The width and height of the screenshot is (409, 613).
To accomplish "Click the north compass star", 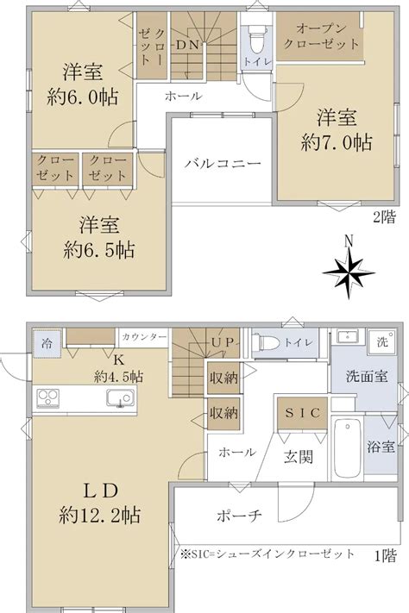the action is pos(349,273).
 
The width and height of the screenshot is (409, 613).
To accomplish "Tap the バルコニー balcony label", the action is pos(223,163).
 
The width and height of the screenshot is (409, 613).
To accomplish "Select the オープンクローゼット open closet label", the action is pos(320,36).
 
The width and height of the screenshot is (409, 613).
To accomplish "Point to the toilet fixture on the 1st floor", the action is pos(266,343).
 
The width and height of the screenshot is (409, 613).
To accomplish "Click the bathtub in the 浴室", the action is pos(348,447).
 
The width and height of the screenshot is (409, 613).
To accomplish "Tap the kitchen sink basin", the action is pos(120,399).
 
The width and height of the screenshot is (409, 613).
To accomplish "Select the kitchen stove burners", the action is pos(48,398).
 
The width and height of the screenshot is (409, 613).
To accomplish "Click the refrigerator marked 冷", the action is pos(47,344).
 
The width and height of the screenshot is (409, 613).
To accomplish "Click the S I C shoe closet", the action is pos(302,413).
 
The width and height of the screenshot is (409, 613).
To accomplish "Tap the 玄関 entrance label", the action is pos(299,456).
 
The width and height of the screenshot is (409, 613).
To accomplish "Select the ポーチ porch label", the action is pos(239,516).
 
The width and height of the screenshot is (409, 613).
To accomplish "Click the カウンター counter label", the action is pos(144,337).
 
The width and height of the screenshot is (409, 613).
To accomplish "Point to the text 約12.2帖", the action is pos(100,516).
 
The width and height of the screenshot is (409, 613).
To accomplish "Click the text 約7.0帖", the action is pos(337,142).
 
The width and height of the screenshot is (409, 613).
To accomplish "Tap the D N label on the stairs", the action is pos(187,45).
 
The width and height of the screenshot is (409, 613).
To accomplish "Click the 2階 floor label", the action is pos(384,217).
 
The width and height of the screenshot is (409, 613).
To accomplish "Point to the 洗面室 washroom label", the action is pos(367,377).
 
